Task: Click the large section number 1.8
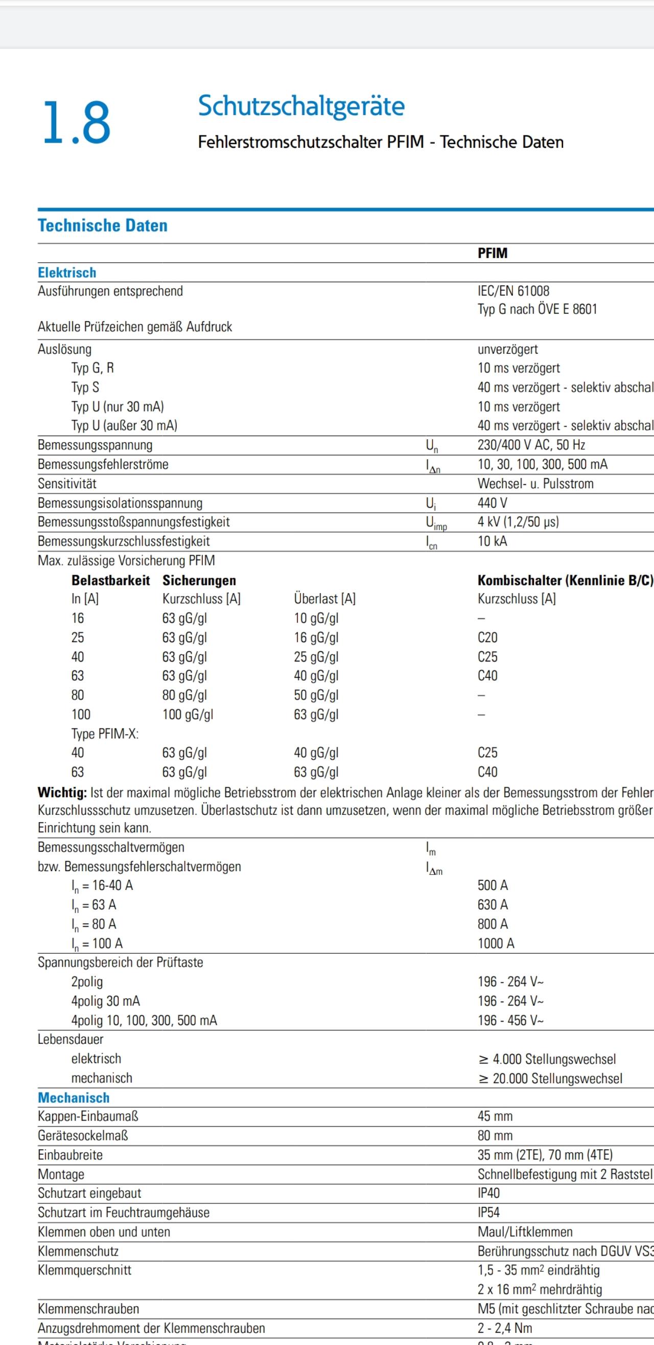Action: [76, 123]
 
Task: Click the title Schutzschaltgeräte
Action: [301, 106]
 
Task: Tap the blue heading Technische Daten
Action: [102, 225]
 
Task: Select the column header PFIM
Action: [492, 253]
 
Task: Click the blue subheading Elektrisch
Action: [67, 272]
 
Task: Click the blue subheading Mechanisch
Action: [74, 1098]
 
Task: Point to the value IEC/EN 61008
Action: [513, 291]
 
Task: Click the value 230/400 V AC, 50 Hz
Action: [531, 445]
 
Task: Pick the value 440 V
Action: [492, 503]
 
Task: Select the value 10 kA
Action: [492, 541]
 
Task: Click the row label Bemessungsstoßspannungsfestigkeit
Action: [134, 522]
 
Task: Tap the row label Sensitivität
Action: [67, 484]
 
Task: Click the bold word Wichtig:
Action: [62, 792]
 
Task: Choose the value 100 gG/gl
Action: [188, 714]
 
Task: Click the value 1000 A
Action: [495, 943]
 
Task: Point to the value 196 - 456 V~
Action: [510, 1020]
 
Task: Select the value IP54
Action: [488, 1213]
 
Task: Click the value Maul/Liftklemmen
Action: [525, 1232]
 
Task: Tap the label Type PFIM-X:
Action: [105, 734]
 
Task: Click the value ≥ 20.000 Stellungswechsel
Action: [550, 1078]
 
